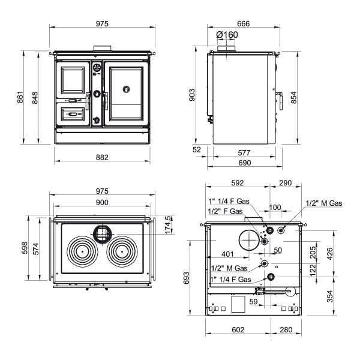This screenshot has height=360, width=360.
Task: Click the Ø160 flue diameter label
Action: coord(227,35)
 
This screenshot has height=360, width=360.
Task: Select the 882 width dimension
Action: coord(102,157)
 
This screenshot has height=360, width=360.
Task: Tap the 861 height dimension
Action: coord(20,97)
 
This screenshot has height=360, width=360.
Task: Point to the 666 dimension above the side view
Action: coord(244,23)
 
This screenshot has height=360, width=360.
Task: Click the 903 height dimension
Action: coord(192,95)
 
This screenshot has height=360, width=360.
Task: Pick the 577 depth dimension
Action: coord(244,152)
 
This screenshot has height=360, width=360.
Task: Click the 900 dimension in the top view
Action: coord(102,202)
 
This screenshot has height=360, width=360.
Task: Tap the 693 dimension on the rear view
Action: coord(187,278)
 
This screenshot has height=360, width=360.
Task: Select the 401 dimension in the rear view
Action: coord(227,254)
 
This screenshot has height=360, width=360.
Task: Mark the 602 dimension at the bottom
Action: coord(238,329)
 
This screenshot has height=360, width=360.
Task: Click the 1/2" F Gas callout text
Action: coord(225,211)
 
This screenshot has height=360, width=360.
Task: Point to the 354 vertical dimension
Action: coord(329,296)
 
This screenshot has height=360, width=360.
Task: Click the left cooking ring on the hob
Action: coord(82,252)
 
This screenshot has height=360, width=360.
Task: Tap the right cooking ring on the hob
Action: coord(122,252)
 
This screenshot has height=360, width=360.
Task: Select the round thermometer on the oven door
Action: coord(126,89)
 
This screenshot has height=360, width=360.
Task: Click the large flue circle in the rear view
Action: coord(249,240)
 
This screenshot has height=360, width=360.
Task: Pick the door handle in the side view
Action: coord(280,101)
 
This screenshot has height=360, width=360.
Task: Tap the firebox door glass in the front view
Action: coord(73,80)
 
